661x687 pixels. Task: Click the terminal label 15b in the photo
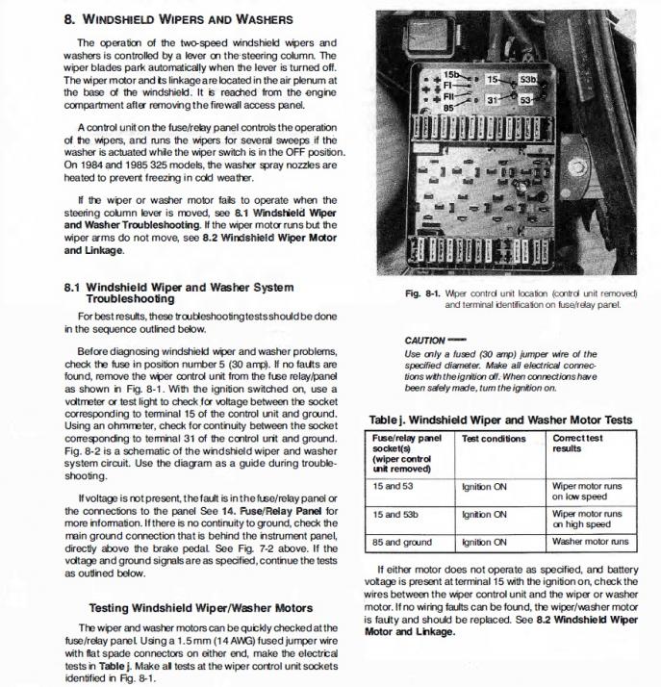451,74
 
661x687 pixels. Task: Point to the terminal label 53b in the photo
528,79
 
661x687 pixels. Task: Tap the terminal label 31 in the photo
491,99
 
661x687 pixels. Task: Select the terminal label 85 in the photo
449,108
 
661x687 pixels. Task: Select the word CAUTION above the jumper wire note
425,341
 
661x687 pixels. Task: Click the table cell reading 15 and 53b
394,514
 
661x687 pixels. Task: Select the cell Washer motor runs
589,543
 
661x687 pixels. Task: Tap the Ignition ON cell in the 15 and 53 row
485,487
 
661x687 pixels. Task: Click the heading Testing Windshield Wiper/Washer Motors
200,608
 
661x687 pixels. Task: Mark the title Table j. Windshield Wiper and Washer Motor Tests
500,420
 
